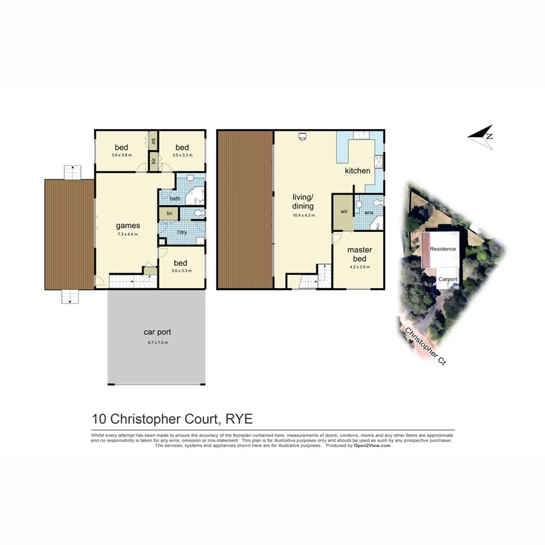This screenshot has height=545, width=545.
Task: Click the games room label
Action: point(128,226)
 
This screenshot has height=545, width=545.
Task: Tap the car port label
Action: point(156,332)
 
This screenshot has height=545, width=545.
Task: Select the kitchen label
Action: point(357,171)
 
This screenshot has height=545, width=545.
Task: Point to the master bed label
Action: point(359,254)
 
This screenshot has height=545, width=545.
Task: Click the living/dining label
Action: point(303,201)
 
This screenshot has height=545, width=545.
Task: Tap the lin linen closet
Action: point(169,213)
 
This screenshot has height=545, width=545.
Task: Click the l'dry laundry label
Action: point(180,233)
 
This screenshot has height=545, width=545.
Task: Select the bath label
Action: point(174,199)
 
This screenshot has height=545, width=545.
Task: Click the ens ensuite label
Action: point(368,213)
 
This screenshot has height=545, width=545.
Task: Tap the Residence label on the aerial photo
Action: point(443,249)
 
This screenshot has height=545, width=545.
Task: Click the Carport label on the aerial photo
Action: point(448,279)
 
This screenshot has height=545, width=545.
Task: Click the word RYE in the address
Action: point(239,418)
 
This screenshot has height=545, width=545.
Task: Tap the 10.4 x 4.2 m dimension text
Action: point(303,216)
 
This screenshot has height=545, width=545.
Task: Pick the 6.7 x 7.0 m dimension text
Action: point(156,343)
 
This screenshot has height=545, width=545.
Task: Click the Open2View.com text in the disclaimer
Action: point(372,445)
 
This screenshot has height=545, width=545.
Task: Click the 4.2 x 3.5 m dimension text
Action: point(359,266)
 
